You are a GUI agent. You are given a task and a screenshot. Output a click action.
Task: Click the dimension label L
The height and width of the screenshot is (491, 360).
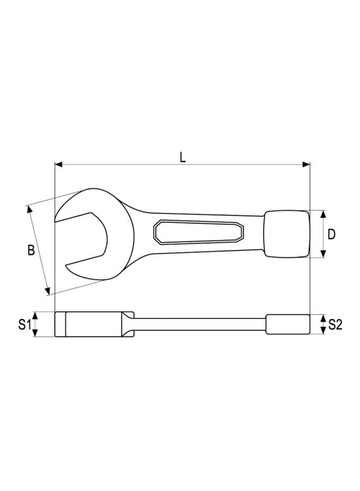pyautogui.click(x=183, y=157)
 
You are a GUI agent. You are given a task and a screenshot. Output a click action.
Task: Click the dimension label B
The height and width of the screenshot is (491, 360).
pyautogui.click(x=31, y=250)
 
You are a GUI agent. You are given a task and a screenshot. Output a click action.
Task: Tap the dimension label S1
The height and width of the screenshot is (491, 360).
pyautogui.click(x=22, y=325)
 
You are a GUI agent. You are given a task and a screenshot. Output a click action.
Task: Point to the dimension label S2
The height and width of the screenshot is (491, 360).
pyautogui.click(x=335, y=325)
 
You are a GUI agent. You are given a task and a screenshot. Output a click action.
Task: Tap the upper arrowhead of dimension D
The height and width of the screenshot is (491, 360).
pyautogui.click(x=323, y=214)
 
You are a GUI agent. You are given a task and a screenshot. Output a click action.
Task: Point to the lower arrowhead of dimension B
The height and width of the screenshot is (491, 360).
pyautogui.click(x=49, y=291)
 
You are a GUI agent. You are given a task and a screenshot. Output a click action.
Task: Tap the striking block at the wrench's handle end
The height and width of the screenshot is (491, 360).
pyautogui.click(x=286, y=234)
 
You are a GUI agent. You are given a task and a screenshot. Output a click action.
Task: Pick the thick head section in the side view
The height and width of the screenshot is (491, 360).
pyautogui.click(x=93, y=325)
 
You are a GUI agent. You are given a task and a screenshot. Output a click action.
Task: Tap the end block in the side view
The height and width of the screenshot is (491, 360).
pyautogui.click(x=287, y=324)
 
